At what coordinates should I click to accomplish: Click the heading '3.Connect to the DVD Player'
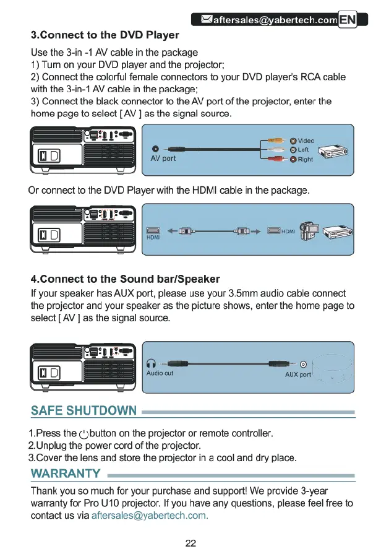[x=105, y=35]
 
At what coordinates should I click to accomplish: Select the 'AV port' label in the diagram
[x=163, y=158]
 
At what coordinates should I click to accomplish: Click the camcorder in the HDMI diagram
[x=309, y=232]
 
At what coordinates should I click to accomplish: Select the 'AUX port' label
[x=298, y=375]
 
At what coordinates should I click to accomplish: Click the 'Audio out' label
[x=160, y=373]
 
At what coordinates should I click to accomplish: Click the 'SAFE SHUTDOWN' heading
[x=83, y=411]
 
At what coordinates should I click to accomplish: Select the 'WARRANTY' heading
[x=66, y=474]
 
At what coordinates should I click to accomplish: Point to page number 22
[x=191, y=543]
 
